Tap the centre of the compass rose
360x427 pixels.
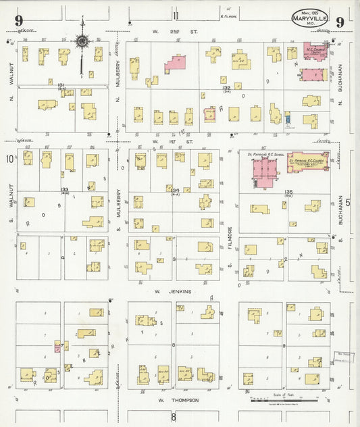(x=82, y=42)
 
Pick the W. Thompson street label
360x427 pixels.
(x=179, y=400)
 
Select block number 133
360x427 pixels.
(x=63, y=189)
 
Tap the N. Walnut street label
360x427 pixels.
(x=11, y=84)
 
